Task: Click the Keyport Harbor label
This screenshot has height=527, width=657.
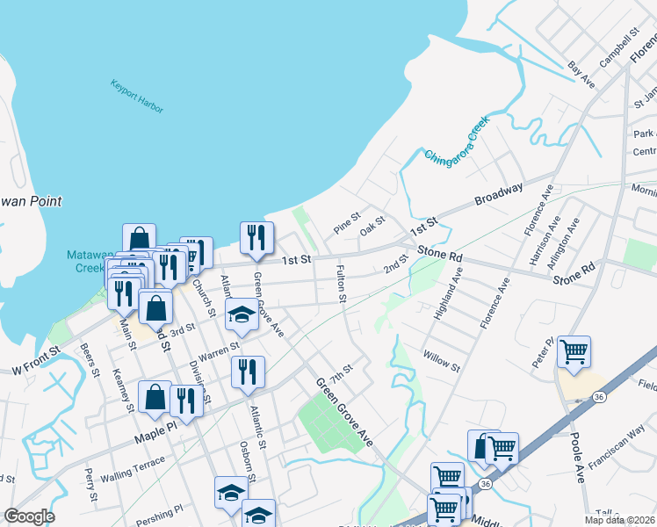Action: [x=137, y=97]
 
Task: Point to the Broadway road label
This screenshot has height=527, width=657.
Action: [x=499, y=194]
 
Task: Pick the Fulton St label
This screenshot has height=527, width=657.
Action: [x=341, y=285]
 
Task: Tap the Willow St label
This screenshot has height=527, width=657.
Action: [x=441, y=360]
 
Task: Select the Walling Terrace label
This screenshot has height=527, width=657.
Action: [x=132, y=468]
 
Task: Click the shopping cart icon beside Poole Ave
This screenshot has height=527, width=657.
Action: [x=574, y=353]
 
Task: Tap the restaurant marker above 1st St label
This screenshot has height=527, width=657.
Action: [x=257, y=237]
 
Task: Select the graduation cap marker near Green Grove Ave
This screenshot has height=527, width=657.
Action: [x=240, y=315]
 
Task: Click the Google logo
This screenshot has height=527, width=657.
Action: [x=29, y=516]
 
